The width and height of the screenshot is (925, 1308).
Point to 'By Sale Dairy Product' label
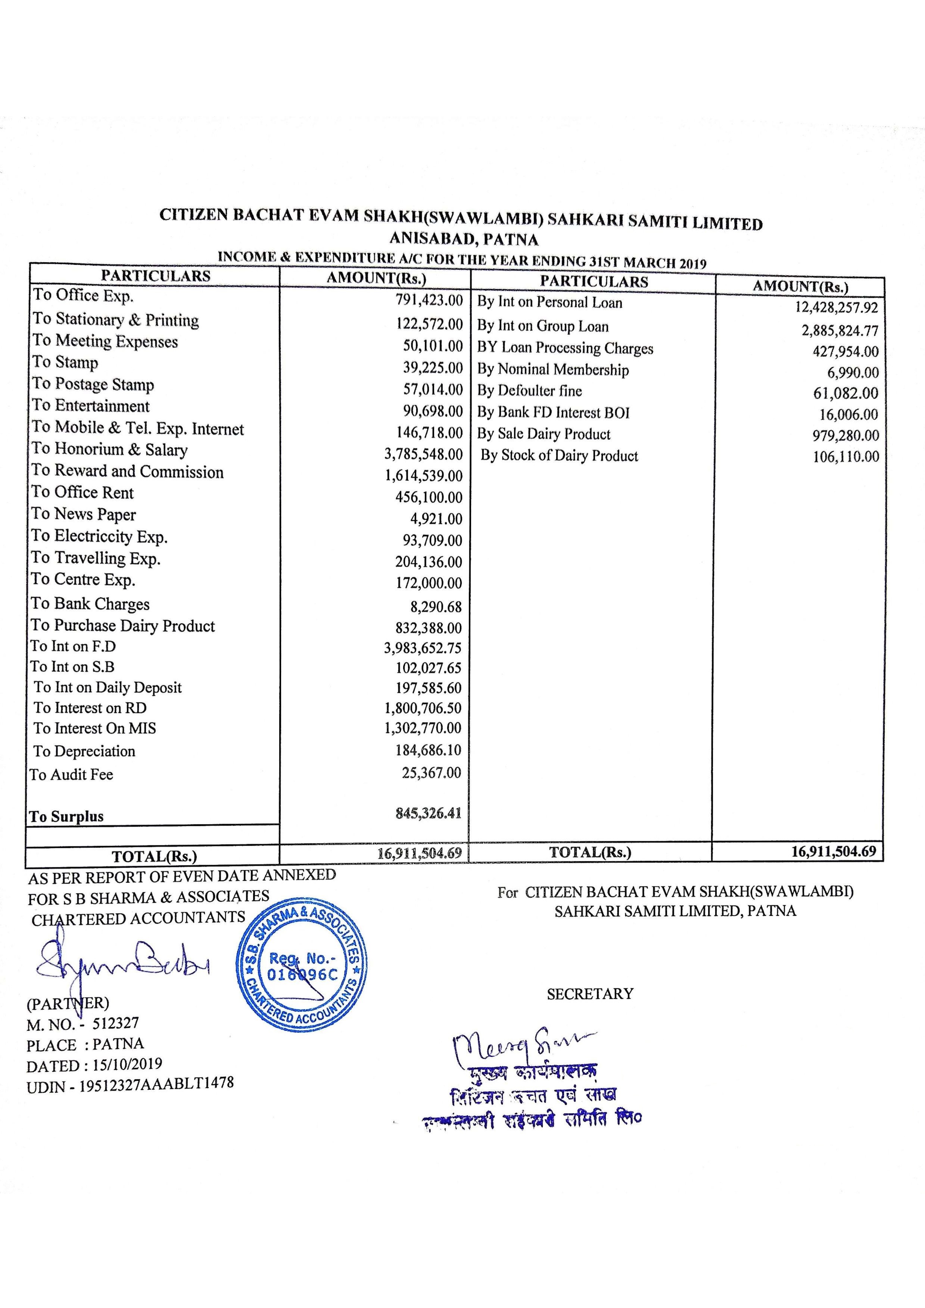click(x=544, y=434)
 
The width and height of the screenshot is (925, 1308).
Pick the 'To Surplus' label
click(x=67, y=816)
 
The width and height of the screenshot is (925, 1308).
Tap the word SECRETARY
click(x=590, y=994)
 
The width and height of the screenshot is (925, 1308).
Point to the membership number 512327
click(x=116, y=1023)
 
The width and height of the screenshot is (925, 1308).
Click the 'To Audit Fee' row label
click(x=72, y=775)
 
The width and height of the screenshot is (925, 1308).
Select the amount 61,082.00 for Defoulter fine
click(x=846, y=394)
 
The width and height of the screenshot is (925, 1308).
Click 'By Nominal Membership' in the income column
click(x=553, y=370)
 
